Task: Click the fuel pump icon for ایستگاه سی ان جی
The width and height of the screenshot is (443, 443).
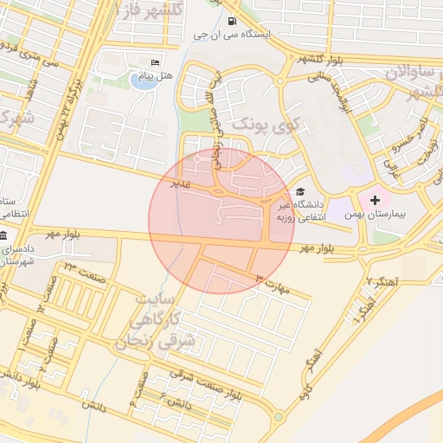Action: click(x=231, y=22)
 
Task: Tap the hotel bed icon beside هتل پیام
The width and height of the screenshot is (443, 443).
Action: click(x=155, y=62)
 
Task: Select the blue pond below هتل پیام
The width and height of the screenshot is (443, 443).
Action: click(x=140, y=81)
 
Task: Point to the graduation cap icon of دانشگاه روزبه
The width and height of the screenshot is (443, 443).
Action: click(x=300, y=192)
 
